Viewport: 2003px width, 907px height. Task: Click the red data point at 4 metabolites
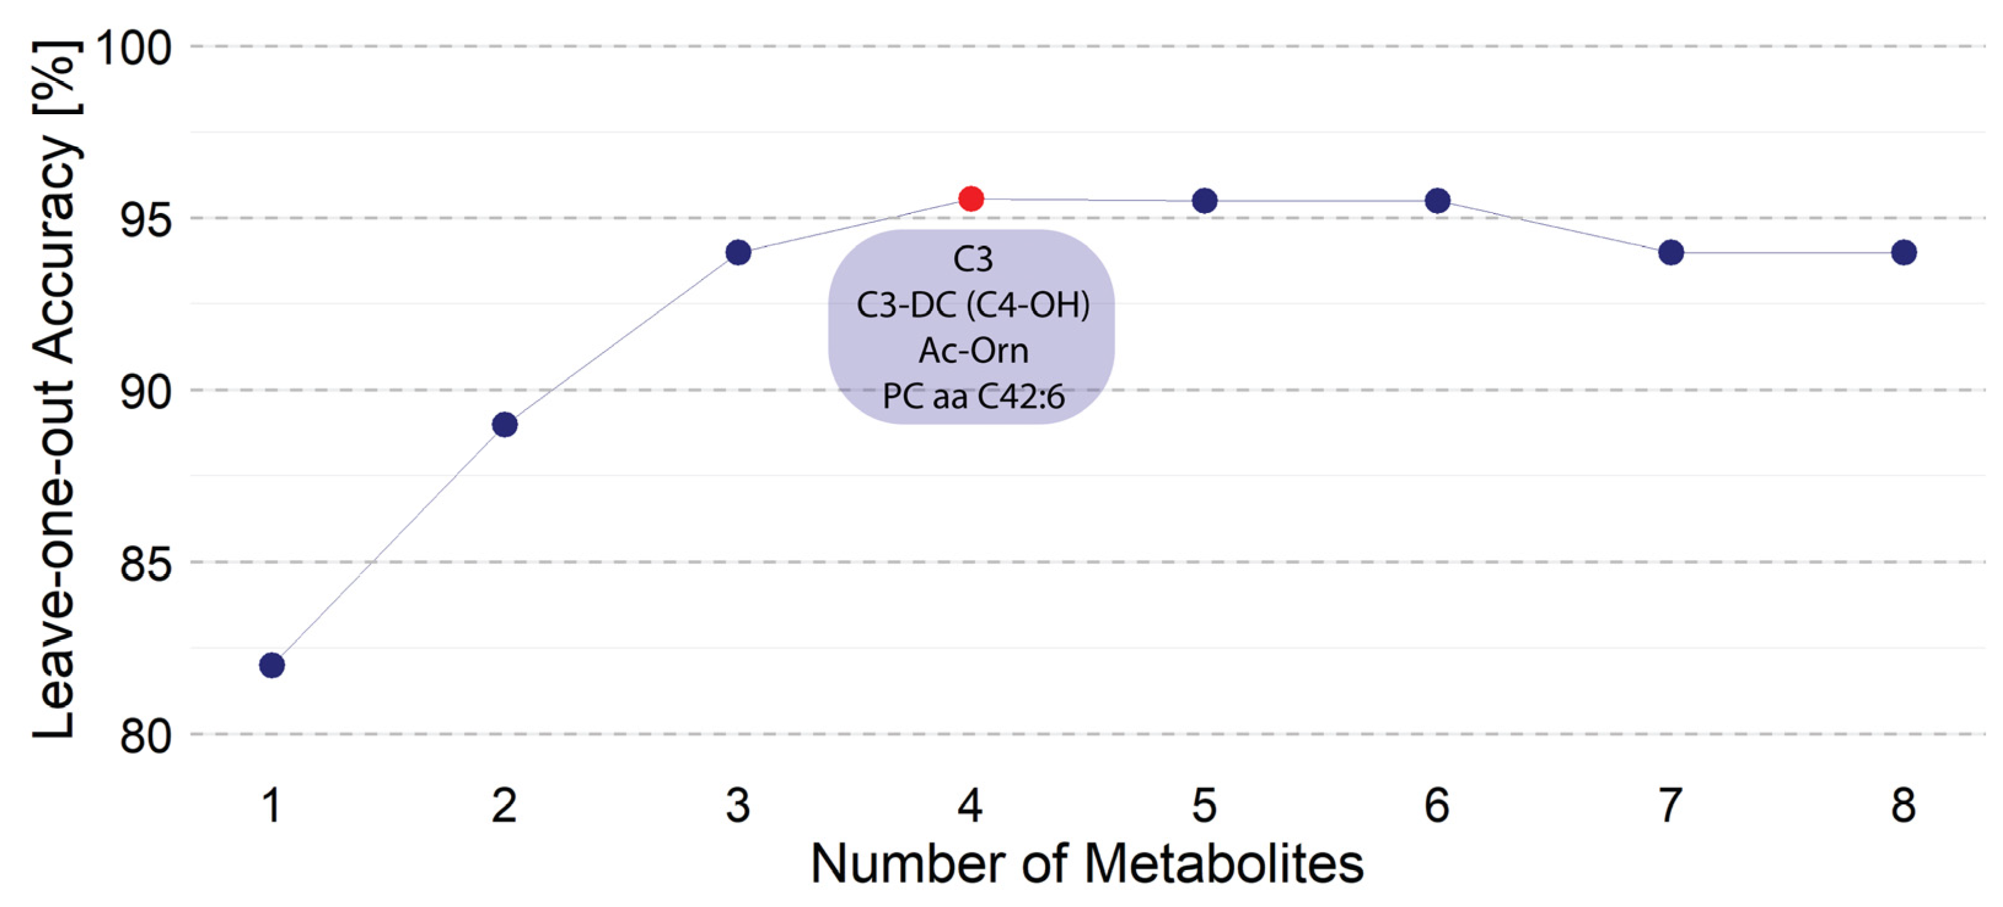tap(970, 198)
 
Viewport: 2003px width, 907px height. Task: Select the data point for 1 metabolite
tap(271, 665)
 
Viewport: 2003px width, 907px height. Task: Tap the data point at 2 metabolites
tap(505, 425)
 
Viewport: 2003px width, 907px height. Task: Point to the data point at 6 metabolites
tap(1437, 201)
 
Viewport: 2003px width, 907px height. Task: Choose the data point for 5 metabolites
tap(1204, 201)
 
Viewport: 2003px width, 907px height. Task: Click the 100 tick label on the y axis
tap(133, 49)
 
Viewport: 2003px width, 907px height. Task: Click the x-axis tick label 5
tap(1204, 805)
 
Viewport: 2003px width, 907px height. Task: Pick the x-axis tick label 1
tap(271, 805)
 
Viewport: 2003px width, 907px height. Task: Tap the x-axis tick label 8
tap(1904, 805)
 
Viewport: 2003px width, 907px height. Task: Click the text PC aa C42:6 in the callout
tap(973, 397)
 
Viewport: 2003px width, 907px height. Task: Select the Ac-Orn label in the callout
tap(973, 351)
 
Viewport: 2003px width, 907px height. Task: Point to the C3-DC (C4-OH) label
tap(973, 305)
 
